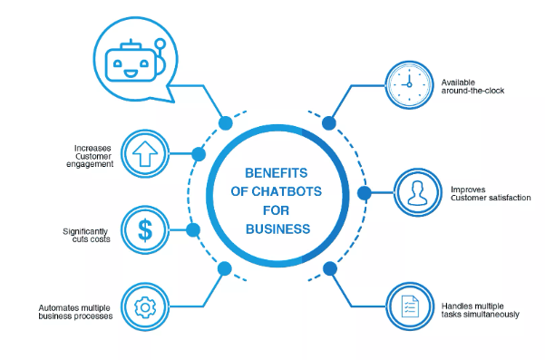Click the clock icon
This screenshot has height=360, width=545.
point(407,83)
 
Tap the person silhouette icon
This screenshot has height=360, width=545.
point(417,193)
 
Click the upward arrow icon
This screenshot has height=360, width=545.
point(143,152)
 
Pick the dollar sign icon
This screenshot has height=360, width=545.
point(143,229)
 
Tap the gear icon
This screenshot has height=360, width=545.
point(143,306)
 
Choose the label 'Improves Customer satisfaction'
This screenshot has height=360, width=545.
point(491,193)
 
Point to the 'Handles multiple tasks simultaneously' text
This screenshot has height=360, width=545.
point(481,309)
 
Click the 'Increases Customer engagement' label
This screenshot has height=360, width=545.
point(94,156)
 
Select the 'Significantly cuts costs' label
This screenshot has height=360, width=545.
point(87,234)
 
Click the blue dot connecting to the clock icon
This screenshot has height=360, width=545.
point(328,122)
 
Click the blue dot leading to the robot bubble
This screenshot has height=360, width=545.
point(224,121)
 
